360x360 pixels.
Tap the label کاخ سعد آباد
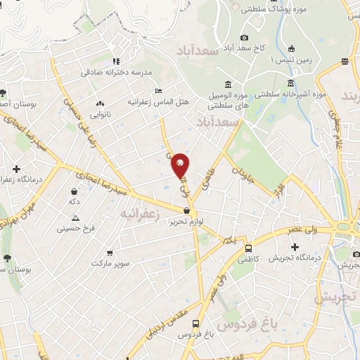pyautogui.click(x=245, y=48)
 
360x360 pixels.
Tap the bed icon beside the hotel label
pyautogui.click(x=159, y=91)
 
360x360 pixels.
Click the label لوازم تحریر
pyautogui.click(x=186, y=221)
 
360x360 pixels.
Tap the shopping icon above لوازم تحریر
pyautogui.click(x=186, y=210)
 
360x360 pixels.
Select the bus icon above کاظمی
pyautogui.click(x=248, y=248)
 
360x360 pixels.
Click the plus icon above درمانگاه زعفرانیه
pyautogui.click(x=15, y=169)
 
